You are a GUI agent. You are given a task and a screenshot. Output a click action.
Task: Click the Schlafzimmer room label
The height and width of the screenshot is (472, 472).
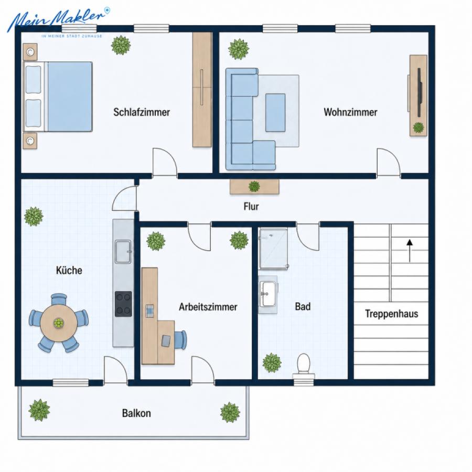pyautogui.click(x=142, y=112)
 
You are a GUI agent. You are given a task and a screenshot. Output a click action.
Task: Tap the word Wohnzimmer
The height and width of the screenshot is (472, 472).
pyautogui.click(x=350, y=112)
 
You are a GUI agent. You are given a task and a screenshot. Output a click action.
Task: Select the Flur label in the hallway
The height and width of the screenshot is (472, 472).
pyautogui.click(x=251, y=207)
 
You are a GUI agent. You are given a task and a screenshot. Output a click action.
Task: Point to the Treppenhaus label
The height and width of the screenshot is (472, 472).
pyautogui.click(x=391, y=314)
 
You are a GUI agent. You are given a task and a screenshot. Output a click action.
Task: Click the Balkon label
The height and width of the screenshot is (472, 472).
pyautogui.click(x=136, y=413)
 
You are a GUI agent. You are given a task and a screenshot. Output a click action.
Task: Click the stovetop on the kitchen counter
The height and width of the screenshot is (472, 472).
pyautogui.click(x=123, y=304)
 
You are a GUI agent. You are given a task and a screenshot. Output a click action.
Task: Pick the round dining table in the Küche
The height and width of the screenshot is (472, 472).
pyautogui.click(x=58, y=323)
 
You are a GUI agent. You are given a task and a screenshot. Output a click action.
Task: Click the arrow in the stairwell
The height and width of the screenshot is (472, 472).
pyautogui.click(x=410, y=251)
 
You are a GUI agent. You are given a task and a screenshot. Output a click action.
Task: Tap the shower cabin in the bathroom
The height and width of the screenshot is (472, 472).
pyautogui.click(x=274, y=249)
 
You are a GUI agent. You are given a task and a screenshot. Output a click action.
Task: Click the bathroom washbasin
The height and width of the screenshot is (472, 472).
pyautogui.click(x=267, y=294)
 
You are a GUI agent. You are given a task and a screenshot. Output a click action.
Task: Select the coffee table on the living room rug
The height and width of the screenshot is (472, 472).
pyautogui.click(x=275, y=113)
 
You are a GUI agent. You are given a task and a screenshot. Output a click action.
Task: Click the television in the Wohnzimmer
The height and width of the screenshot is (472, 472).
pyautogui.click(x=420, y=92)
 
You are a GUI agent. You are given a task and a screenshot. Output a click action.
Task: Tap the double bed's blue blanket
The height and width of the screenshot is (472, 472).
pyautogui.click(x=70, y=96)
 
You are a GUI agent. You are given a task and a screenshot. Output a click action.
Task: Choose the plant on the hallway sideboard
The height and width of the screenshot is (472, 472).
pyautogui.click(x=254, y=186)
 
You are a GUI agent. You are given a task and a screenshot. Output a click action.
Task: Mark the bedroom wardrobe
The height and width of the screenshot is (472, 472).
pyautogui.click(x=202, y=89)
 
